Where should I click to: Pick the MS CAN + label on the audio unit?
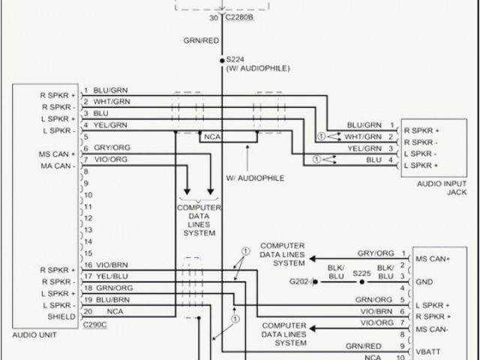coord(58,154)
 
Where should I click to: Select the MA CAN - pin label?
coord(58,165)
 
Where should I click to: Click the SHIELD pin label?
coord(62,316)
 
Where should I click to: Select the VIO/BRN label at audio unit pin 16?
coord(112,265)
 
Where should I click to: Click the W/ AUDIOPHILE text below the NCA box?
coord(255,178)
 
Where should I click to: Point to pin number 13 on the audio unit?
coord(88,229)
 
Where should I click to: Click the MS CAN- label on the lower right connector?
coord(433,329)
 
